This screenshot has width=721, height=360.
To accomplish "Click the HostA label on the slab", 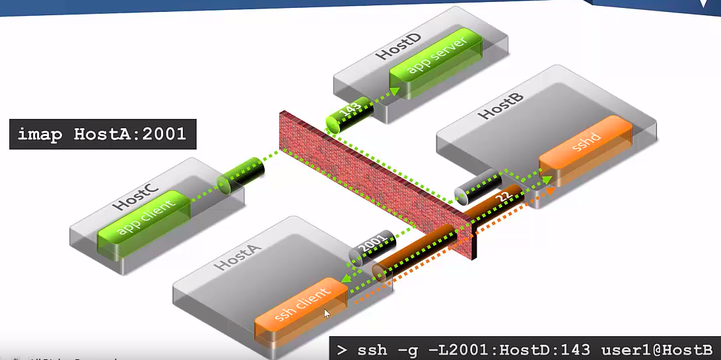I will click(x=238, y=257).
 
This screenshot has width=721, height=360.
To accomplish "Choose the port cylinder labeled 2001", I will click(x=371, y=249).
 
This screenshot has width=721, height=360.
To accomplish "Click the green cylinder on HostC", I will click(x=240, y=174).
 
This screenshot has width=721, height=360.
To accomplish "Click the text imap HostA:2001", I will click(x=102, y=135).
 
